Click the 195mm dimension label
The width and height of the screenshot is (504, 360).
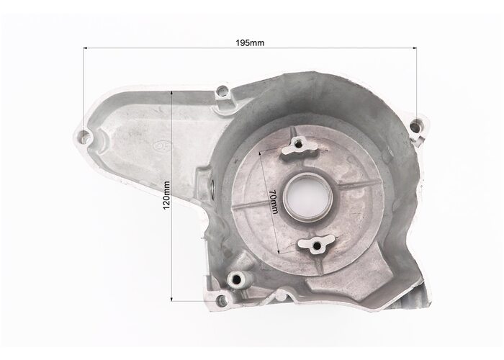pos(250,42)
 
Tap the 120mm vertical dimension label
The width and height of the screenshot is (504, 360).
pos(166,195)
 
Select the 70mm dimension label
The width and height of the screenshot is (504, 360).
pos(273,202)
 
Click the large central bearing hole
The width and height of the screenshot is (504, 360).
pos(307,197)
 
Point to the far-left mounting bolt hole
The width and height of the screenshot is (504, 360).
pos(84,136)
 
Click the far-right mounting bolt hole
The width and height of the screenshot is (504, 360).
pos(416,125)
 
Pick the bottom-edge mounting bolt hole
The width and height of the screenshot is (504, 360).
pos(220,300)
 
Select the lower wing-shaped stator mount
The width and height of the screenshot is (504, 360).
pos(317,245)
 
